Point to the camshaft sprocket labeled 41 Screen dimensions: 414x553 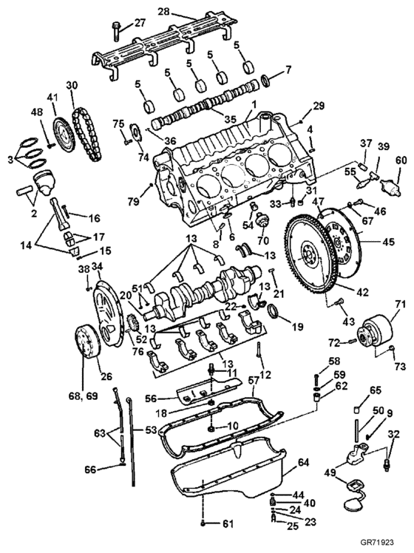[63, 137]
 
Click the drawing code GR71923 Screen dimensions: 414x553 [377, 542]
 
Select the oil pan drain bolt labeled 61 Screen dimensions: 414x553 [203, 523]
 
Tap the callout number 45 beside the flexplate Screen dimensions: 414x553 [389, 242]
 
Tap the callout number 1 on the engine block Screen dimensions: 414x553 [253, 105]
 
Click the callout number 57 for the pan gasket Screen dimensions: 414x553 [254, 380]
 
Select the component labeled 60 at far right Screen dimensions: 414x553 [390, 186]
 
